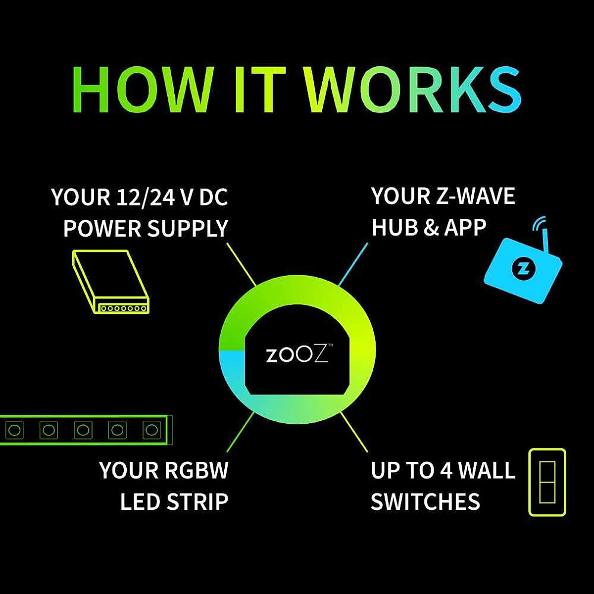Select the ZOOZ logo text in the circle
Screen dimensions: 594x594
pos(297,355)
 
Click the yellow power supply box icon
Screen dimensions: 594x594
pos(110,282)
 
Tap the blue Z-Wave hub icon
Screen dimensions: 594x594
pos(524,270)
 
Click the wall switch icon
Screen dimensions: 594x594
pos(547,482)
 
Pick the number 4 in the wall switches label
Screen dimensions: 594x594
pos(445,470)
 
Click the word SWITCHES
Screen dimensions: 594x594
pos(425,501)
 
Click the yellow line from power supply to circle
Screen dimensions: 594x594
pos(241,263)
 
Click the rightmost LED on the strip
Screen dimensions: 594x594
pos(150,429)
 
